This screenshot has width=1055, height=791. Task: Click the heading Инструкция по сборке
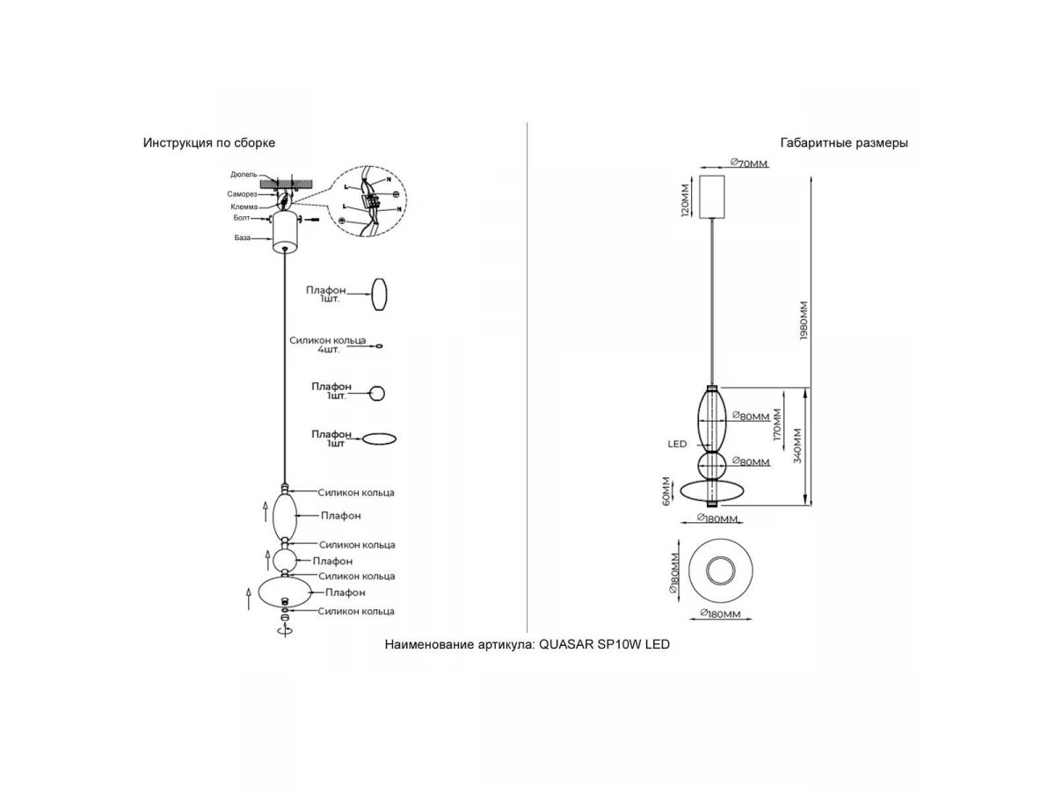[209, 142]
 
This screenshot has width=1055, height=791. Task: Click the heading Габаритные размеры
[844, 142]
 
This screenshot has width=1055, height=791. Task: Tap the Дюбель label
[244, 175]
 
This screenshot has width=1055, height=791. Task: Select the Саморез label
[242, 192]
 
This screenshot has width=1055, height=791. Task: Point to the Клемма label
[244, 206]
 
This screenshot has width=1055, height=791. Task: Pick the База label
[242, 237]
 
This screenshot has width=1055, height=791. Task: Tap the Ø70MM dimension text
[749, 163]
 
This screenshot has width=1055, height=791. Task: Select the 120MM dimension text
[685, 200]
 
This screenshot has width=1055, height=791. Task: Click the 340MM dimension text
[797, 446]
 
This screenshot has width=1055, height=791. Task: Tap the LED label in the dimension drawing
[676, 445]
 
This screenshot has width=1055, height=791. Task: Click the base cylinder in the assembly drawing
[286, 231]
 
